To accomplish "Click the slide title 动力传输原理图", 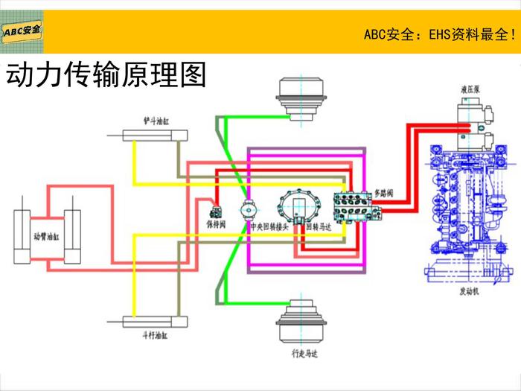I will tap(105, 75).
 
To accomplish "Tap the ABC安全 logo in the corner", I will tap(22, 31).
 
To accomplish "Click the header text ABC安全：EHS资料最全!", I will tap(439, 34).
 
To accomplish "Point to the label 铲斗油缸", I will tap(156, 119).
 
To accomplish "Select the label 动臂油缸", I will tap(45, 238).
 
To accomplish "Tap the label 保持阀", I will tap(216, 223).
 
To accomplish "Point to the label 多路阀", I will tap(383, 193).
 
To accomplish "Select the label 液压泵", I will tap(470, 90).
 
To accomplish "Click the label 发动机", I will tap(469, 292).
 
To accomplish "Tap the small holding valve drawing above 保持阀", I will tap(216, 210).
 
